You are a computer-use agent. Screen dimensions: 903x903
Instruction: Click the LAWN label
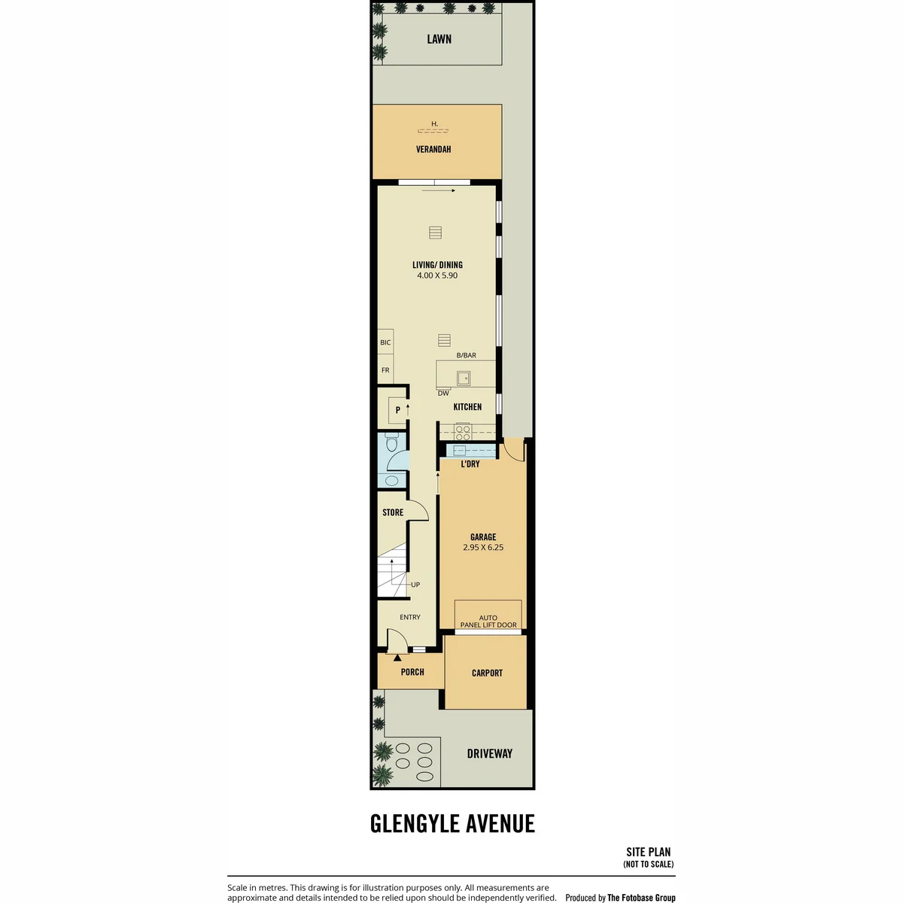point(439,39)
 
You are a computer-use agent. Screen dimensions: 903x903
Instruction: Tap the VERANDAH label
point(433,150)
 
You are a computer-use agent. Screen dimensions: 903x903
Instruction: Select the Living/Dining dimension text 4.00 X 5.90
point(437,275)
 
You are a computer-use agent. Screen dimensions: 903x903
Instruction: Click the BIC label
point(385,342)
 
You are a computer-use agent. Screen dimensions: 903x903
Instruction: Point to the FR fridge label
point(385,370)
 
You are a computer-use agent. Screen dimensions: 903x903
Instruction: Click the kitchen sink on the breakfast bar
point(464,378)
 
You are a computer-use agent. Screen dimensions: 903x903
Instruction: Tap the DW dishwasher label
point(443,393)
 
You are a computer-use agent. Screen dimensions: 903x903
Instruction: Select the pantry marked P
point(397,411)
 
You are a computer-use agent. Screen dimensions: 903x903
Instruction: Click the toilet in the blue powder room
point(391,442)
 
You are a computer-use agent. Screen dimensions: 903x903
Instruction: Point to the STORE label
point(393,512)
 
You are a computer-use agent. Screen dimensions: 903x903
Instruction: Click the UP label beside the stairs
point(415,585)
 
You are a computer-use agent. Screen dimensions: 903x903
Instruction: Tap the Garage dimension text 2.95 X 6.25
point(483,547)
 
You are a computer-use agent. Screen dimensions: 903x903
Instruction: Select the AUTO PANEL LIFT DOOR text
point(488,622)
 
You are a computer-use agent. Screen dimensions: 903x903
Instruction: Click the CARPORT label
point(487,673)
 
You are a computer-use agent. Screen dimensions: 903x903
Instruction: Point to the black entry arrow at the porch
point(397,658)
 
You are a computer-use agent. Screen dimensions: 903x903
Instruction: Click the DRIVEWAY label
point(490,753)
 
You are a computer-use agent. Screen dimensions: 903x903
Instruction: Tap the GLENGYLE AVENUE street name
point(452,824)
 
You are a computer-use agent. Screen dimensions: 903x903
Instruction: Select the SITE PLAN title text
point(649,853)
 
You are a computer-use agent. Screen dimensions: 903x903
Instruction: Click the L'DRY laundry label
point(470,464)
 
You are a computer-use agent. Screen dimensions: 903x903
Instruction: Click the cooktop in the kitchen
point(463,431)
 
